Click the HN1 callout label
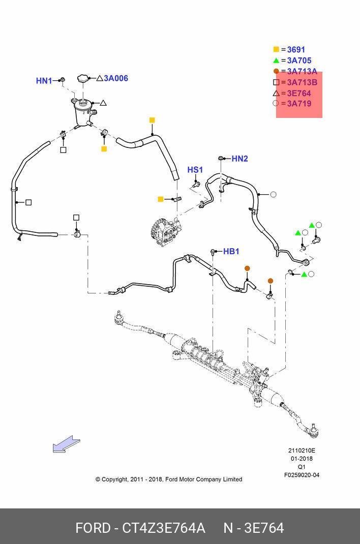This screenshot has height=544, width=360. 44,81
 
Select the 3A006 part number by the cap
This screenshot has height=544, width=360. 116,78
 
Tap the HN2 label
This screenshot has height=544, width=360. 239,159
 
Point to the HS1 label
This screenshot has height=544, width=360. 195,170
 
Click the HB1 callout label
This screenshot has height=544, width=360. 231,251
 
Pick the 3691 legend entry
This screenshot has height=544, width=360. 296,50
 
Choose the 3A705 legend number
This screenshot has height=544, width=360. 299,61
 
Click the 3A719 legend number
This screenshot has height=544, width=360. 299,104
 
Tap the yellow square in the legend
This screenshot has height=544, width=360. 276,50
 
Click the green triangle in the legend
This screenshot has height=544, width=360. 276,61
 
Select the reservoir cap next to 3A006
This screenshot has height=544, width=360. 83,79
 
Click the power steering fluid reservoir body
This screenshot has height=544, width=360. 81,113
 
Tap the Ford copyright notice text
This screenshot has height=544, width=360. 168,479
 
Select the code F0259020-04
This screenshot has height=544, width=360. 302,475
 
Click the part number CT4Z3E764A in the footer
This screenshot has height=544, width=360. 164,528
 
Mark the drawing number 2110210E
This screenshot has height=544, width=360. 302,450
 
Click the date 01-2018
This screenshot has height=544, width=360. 302,459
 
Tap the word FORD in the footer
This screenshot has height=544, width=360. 93,528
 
